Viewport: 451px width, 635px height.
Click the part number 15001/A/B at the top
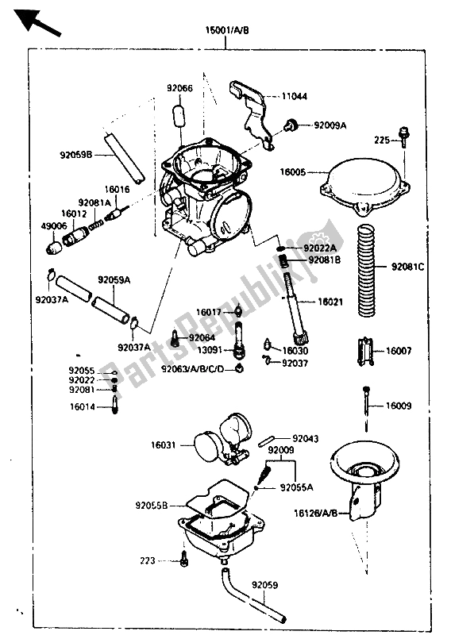point(227,30)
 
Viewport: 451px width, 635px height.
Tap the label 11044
point(295,96)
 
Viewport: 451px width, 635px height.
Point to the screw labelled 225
point(403,137)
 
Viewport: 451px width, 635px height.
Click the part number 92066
point(180,88)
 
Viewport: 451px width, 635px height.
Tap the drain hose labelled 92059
point(251,595)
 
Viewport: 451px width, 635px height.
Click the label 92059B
point(76,155)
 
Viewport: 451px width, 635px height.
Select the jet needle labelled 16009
point(367,405)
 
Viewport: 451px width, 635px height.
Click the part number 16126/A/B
point(316,514)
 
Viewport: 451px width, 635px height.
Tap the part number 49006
point(53,226)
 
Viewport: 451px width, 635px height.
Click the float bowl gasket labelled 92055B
point(218,499)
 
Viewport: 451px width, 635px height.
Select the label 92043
point(306,439)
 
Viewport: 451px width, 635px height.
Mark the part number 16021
point(330,302)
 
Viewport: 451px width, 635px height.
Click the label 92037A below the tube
point(134,348)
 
